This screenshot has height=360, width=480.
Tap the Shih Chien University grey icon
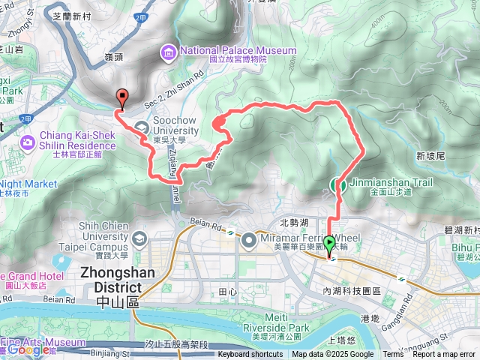coord(139,238)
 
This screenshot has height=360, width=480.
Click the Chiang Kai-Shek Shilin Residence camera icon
coord(28,141)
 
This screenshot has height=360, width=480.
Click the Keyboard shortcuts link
coord(250,355)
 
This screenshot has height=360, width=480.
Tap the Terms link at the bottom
coord(393,355)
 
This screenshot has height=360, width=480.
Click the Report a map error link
coord(445,355)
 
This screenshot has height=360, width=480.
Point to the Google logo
coord(28,349)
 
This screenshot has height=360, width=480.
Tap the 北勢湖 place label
coord(294,223)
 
